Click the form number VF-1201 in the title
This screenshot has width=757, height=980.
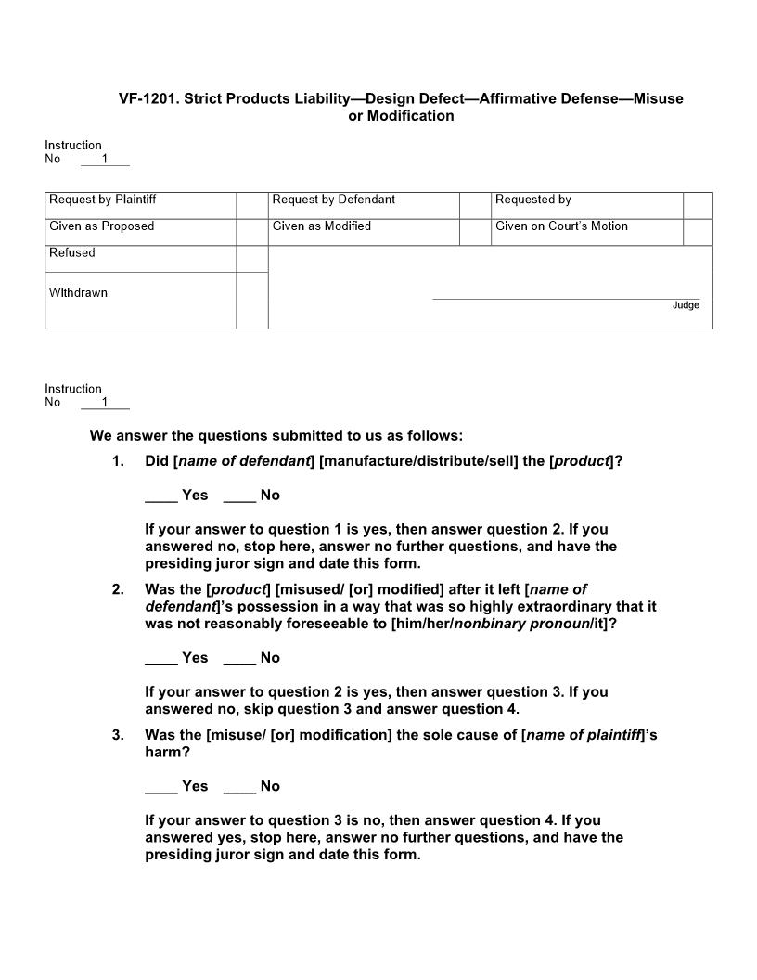point(148,98)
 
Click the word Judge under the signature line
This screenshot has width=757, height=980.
point(686,305)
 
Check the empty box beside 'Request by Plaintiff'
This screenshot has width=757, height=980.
point(251,205)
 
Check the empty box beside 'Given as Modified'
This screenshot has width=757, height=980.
point(475,232)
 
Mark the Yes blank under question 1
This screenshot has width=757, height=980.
point(161,496)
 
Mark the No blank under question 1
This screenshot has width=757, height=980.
point(239,496)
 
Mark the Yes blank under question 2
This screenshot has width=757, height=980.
point(161,659)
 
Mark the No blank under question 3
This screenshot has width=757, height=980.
point(239,787)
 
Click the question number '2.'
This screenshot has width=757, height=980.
point(118,589)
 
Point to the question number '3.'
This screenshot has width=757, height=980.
point(118,735)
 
